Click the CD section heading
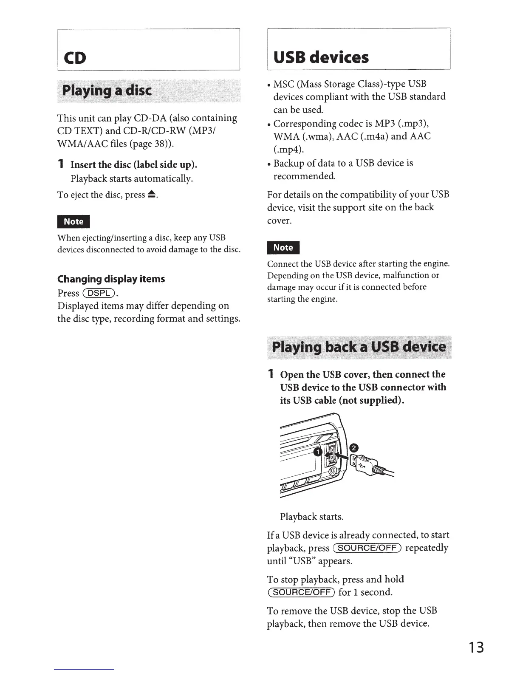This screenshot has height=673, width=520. [x=75, y=58]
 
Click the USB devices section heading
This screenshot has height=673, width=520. [x=321, y=57]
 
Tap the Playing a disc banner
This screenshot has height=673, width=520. [x=107, y=90]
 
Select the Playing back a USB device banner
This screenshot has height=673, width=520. [x=359, y=347]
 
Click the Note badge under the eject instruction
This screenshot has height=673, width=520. [x=73, y=221]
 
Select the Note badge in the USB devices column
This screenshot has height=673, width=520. [x=283, y=247]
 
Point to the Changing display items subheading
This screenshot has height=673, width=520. [x=111, y=279]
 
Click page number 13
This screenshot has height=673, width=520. [x=476, y=648]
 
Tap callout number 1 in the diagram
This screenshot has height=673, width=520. [x=317, y=452]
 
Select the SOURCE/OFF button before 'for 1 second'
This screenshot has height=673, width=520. [x=301, y=592]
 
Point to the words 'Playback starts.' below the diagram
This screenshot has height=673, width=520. [x=311, y=517]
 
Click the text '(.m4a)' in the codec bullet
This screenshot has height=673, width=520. [x=374, y=136]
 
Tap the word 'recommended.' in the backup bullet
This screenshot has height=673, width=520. [x=304, y=176]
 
